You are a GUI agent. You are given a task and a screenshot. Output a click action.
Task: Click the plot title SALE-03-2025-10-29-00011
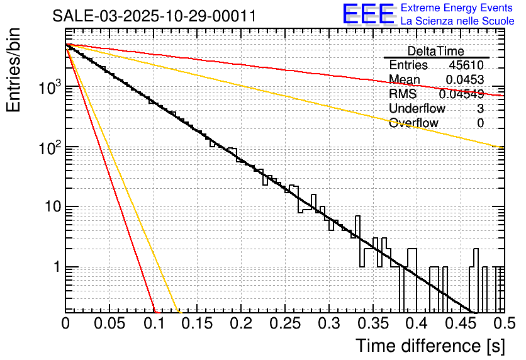pos(154,16)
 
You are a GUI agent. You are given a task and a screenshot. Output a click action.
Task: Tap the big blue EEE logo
pos(368,14)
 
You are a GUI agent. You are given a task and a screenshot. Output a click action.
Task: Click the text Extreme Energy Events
pos(457,8)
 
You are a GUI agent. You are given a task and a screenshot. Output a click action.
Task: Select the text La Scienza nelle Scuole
pos(457,21)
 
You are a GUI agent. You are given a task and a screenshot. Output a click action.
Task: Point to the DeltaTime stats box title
pos(436,51)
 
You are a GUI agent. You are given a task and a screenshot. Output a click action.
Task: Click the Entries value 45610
pos(466,65)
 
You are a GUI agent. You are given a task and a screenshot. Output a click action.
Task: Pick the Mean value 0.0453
pos(465,79)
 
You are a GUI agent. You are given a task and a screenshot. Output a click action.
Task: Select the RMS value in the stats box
pos(461,94)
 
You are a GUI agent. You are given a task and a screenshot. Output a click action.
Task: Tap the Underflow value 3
pos(480,108)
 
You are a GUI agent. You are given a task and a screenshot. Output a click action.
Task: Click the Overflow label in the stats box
pos(413,123)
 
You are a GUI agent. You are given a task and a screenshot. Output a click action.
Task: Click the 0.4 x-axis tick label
pos(415,324)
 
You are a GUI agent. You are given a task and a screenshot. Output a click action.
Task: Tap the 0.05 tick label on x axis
pos(110,324)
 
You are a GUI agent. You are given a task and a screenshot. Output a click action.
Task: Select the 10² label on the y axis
pos(48,149)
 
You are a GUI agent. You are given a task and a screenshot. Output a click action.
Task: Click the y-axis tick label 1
pos(55,267)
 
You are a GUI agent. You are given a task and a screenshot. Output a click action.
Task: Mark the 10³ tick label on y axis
pos(48,89)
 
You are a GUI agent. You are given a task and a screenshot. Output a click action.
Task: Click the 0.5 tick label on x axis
pos(501,324)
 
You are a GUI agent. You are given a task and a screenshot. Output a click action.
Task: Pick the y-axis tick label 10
pos(51,208)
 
